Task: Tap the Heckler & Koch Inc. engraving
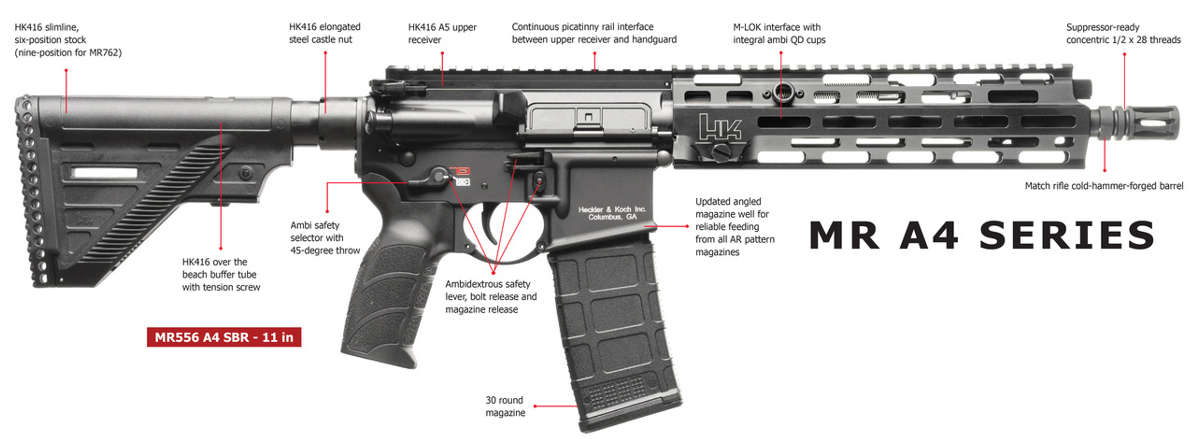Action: pos(612,213)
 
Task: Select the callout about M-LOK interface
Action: pos(779,33)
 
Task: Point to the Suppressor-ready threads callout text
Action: pos(1123,33)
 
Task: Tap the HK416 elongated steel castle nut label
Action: pos(325,33)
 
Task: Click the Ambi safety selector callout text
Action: pos(325,238)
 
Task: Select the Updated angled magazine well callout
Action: pos(734,226)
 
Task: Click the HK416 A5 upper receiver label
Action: pos(442,33)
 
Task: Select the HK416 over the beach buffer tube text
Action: pos(221,274)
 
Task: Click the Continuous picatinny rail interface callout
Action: pos(594,33)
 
